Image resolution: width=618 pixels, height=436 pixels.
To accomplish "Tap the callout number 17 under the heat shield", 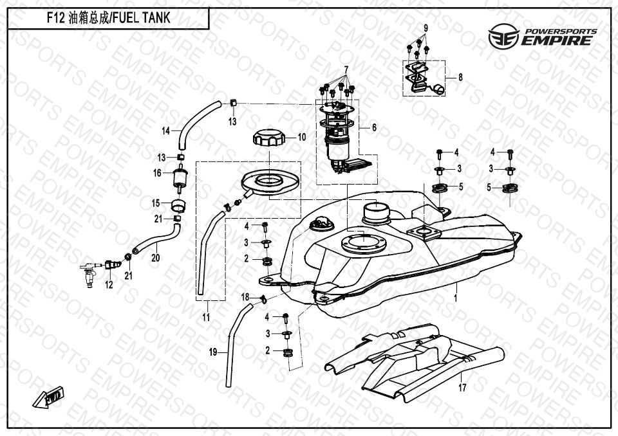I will [x=462, y=387].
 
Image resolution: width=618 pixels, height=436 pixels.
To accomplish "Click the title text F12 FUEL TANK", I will [x=109, y=18].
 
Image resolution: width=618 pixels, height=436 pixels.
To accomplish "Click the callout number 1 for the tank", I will [x=455, y=299].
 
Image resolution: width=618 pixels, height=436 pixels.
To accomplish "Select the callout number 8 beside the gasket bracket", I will [x=460, y=77].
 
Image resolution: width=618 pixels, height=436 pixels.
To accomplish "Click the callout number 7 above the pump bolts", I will [x=345, y=69].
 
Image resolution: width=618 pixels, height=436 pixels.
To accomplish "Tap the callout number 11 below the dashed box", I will [x=206, y=316].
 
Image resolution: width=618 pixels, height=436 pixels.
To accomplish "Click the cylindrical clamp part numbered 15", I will [x=177, y=206].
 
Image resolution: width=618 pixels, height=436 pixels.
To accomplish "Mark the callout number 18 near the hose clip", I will [x=245, y=296].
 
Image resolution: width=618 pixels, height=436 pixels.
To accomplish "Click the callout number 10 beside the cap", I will [x=302, y=137].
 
